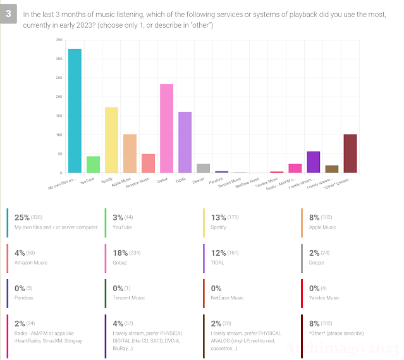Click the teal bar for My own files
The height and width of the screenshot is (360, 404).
pyautogui.click(x=75, y=111)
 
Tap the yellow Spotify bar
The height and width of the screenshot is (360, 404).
pyautogui.click(x=111, y=140)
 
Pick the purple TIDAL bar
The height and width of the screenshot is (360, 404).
pyautogui.click(x=185, y=142)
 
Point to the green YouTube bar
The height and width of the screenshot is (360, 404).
pyautogui.click(x=93, y=164)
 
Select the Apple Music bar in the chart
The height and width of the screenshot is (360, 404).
pyautogui.click(x=130, y=153)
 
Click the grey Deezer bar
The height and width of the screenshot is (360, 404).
pyautogui.click(x=203, y=168)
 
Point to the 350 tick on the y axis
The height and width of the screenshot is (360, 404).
pyautogui.click(x=59, y=40)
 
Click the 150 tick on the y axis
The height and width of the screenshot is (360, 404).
pyautogui.click(x=59, y=116)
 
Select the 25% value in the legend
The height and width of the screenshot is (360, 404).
pyautogui.click(x=22, y=217)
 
